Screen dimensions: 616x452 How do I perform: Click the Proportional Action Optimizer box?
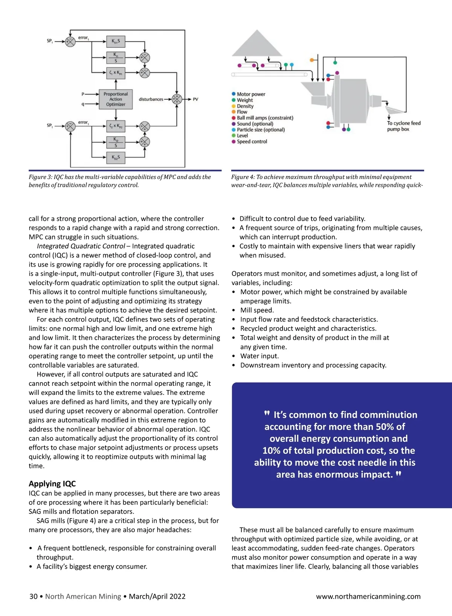116,99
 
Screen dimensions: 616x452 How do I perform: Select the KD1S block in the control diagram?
116,41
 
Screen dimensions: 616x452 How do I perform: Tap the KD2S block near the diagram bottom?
116,158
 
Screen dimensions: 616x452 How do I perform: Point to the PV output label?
195,99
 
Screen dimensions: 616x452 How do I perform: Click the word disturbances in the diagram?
151,99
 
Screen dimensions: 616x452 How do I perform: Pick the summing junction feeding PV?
177,99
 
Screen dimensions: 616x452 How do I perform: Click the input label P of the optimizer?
83,94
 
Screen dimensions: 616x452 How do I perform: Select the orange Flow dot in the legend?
234,112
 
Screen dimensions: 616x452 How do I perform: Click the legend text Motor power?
251,94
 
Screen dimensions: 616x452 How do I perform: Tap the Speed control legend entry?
252,142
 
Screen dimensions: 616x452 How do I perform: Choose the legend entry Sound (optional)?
255,124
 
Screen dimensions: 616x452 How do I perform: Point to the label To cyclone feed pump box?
403,126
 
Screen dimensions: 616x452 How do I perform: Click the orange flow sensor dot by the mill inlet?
312,60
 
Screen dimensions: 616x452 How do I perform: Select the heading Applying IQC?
52,484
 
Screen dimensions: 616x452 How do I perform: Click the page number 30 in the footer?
34,596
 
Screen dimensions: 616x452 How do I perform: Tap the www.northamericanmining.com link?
368,596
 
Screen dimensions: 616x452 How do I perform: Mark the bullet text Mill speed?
257,310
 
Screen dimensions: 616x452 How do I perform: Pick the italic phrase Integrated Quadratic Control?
81,246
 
